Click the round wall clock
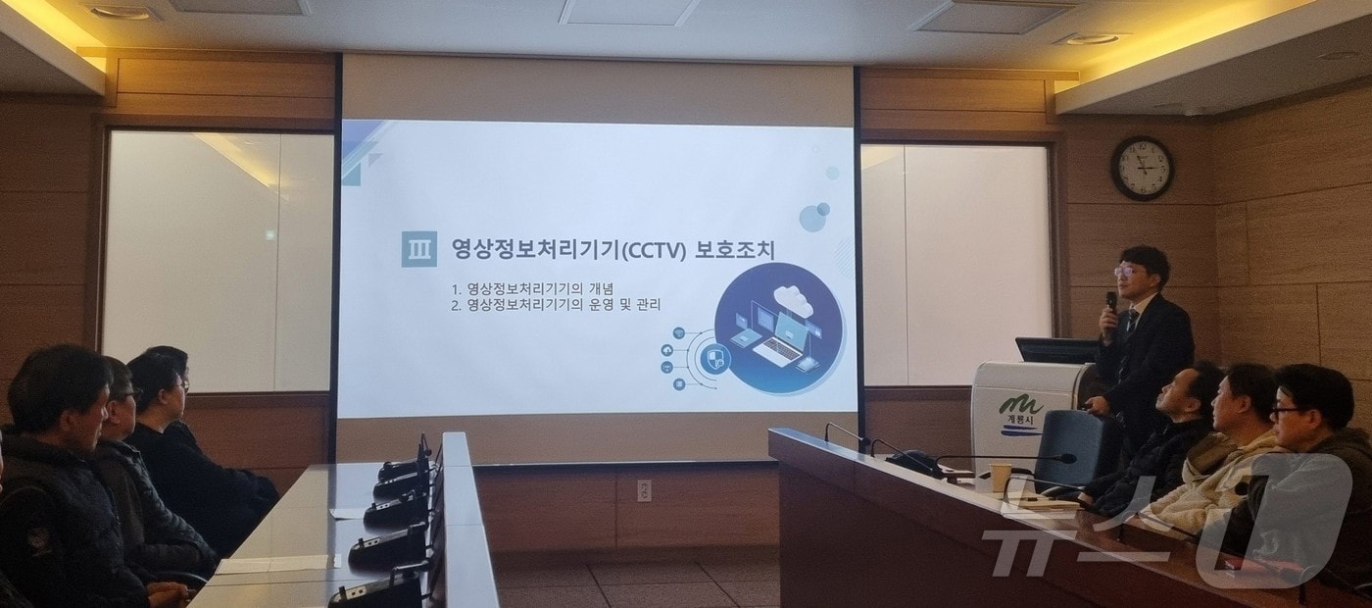(1142, 168)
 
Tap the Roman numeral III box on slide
(418, 249)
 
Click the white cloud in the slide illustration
(793, 297)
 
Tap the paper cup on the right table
(1000, 477)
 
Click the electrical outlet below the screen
(644, 490)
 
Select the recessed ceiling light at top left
(120, 12)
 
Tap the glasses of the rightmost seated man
(1287, 410)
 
